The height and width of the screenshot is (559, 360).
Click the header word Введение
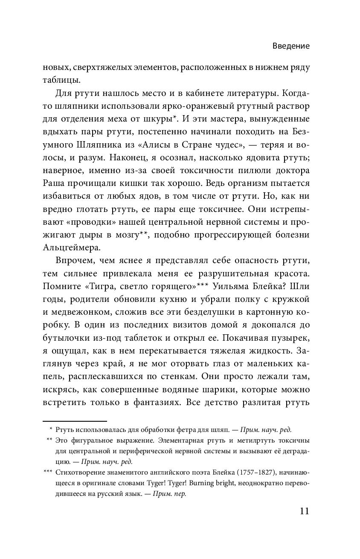point(291,46)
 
